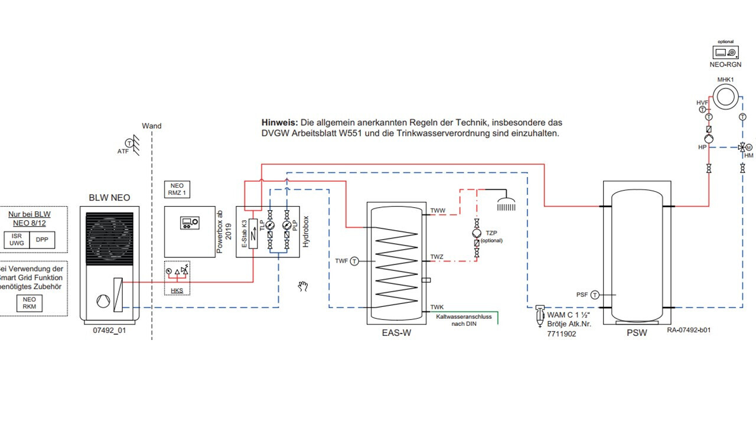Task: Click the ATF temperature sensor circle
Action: [x=128, y=143]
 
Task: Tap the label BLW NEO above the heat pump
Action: [x=109, y=198]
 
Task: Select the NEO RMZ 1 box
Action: [x=177, y=189]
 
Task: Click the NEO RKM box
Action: [x=30, y=303]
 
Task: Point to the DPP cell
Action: [x=42, y=240]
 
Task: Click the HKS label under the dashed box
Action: [x=177, y=290]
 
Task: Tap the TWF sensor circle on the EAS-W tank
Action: [x=354, y=260]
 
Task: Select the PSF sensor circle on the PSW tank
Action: [x=595, y=295]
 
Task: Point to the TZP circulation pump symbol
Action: [x=477, y=233]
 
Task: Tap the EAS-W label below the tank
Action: [x=396, y=333]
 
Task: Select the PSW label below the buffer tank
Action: [x=637, y=333]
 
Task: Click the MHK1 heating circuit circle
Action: [x=724, y=96]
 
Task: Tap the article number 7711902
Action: [x=562, y=334]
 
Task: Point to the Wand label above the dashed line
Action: [x=152, y=126]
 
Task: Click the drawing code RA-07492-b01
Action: [x=689, y=330]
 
